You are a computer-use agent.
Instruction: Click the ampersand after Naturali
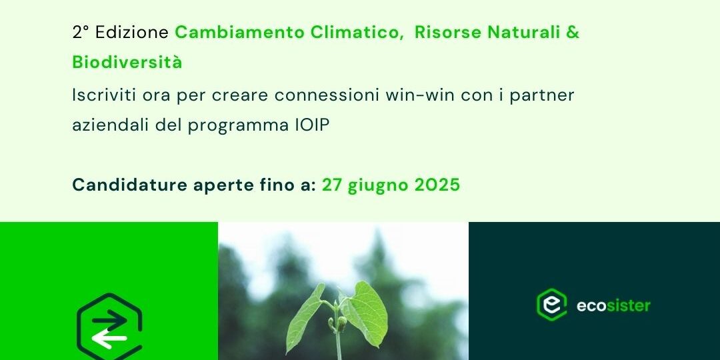(573, 33)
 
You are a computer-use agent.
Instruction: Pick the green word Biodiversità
(127, 62)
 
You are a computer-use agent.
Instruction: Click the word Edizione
(132, 33)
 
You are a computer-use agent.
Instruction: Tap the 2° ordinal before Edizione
(81, 33)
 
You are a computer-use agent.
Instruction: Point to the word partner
(542, 95)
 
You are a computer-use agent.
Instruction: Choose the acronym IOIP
(312, 125)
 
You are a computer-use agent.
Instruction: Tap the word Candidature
(130, 185)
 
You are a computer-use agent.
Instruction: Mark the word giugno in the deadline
(379, 186)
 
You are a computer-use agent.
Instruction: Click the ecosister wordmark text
(613, 305)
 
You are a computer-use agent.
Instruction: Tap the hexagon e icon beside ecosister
(551, 304)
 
